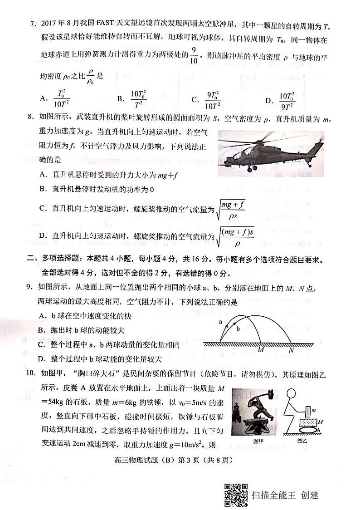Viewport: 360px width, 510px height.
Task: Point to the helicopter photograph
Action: tap(271, 154)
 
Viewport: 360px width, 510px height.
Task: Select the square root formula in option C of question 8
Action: tap(233, 209)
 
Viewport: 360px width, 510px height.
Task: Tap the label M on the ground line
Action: tap(260, 350)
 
